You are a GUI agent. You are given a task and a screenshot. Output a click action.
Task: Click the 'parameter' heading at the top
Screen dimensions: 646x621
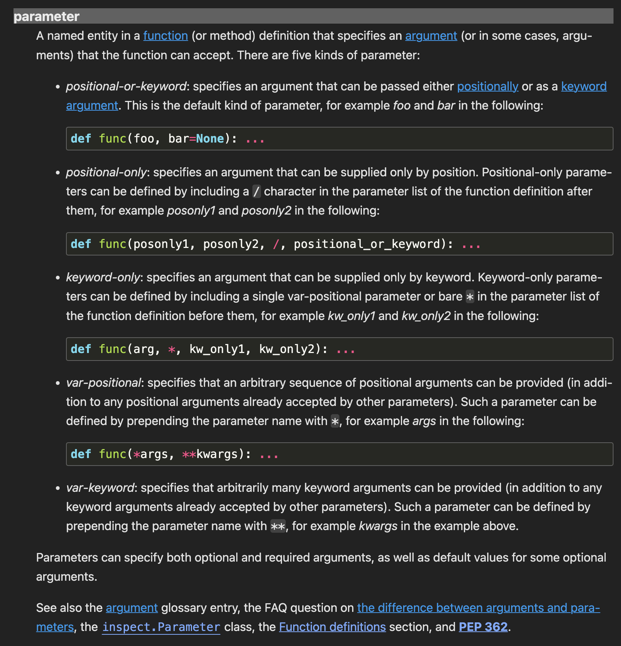46,17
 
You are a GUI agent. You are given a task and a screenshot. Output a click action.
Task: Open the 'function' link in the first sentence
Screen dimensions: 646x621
165,36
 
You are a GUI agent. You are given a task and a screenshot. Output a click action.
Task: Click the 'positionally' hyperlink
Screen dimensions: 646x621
487,86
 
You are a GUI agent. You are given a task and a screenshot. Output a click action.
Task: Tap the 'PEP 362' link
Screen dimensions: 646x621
483,626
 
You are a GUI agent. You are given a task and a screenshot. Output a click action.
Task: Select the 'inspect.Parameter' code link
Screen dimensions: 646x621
161,627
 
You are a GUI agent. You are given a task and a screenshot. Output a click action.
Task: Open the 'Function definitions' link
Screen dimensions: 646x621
332,626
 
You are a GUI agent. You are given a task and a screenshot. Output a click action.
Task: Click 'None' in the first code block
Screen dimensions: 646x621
210,139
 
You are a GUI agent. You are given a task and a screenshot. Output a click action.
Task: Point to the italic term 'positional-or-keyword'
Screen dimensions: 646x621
126,86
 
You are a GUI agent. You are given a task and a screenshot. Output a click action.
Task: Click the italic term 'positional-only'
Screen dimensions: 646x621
106,172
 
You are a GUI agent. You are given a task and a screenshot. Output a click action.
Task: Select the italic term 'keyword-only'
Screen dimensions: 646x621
103,277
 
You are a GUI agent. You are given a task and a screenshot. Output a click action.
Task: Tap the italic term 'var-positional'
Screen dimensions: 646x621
103,383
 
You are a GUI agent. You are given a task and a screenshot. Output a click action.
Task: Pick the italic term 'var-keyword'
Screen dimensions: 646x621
100,488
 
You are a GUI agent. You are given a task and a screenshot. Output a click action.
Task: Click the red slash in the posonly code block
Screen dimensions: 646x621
276,244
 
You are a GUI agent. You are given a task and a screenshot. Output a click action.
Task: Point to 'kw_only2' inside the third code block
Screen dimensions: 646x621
287,349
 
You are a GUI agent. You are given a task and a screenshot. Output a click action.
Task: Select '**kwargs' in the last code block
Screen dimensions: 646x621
210,454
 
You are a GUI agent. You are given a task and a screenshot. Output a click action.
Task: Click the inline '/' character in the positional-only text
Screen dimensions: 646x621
256,192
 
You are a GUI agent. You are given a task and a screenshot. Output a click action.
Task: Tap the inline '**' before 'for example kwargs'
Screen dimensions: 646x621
278,526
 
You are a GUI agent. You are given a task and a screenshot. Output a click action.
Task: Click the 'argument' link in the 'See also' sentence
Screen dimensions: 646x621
132,607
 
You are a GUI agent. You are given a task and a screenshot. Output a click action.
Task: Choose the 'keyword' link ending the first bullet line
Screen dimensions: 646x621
583,86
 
